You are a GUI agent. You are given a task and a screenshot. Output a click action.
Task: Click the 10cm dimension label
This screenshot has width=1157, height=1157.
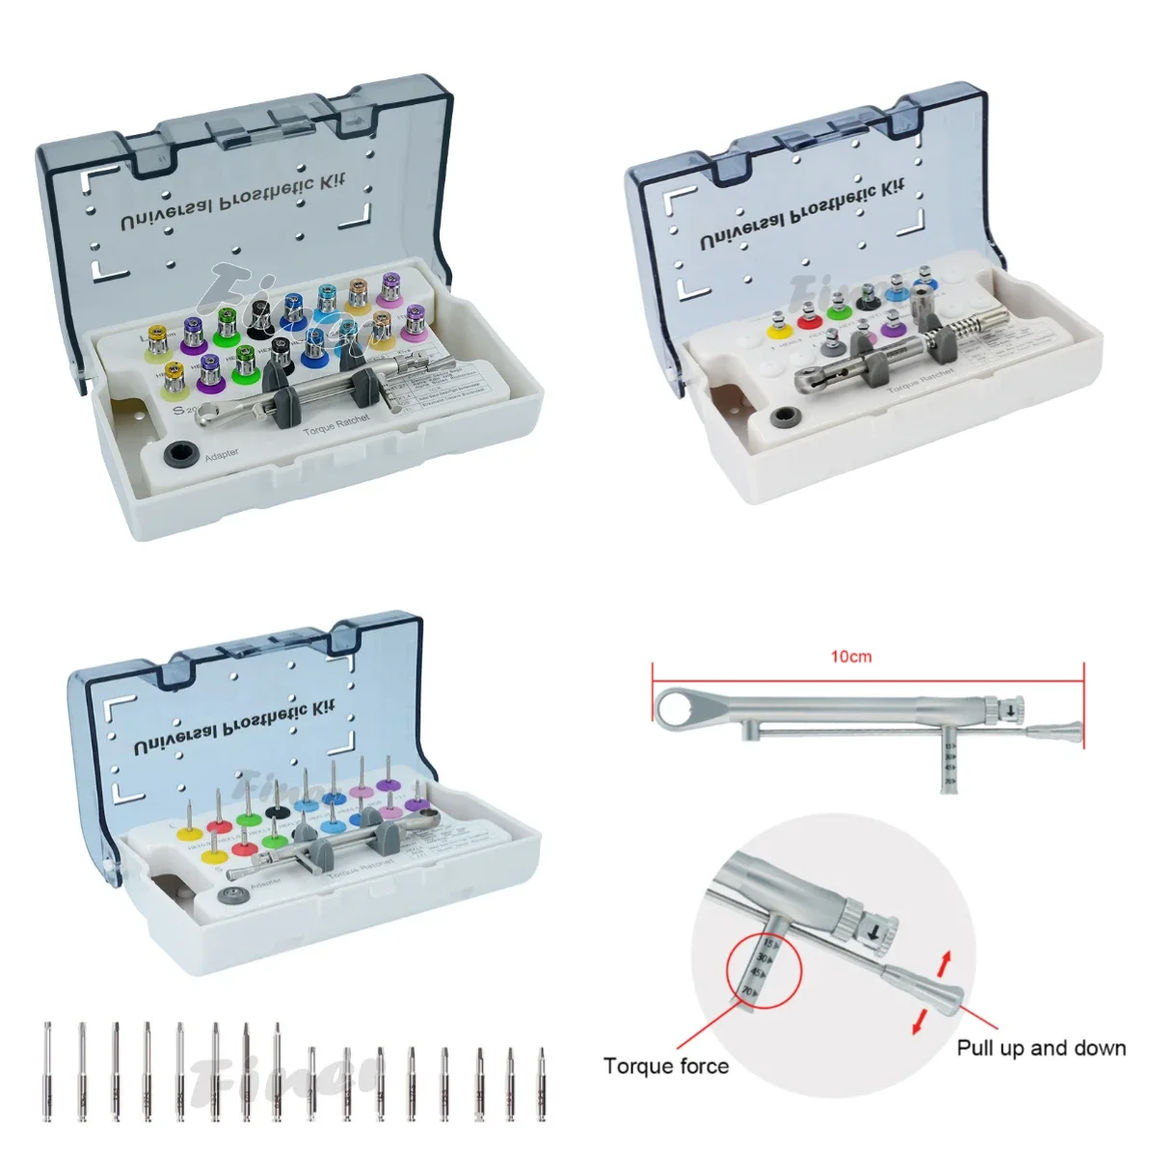coord(851,657)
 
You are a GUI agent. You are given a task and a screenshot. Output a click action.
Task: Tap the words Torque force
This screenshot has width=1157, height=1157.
coord(665,1066)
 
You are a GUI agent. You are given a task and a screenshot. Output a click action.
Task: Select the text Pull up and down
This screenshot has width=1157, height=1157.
coord(1041,1048)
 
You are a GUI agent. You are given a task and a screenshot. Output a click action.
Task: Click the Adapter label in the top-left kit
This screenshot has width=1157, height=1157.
coord(222,453)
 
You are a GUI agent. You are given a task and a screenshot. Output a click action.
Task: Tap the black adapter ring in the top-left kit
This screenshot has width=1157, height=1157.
coord(177,453)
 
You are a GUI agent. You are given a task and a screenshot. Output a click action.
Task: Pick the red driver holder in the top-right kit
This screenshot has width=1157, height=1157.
coord(807,317)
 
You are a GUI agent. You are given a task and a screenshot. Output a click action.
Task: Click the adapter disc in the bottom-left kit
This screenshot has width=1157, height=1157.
coord(230,896)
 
